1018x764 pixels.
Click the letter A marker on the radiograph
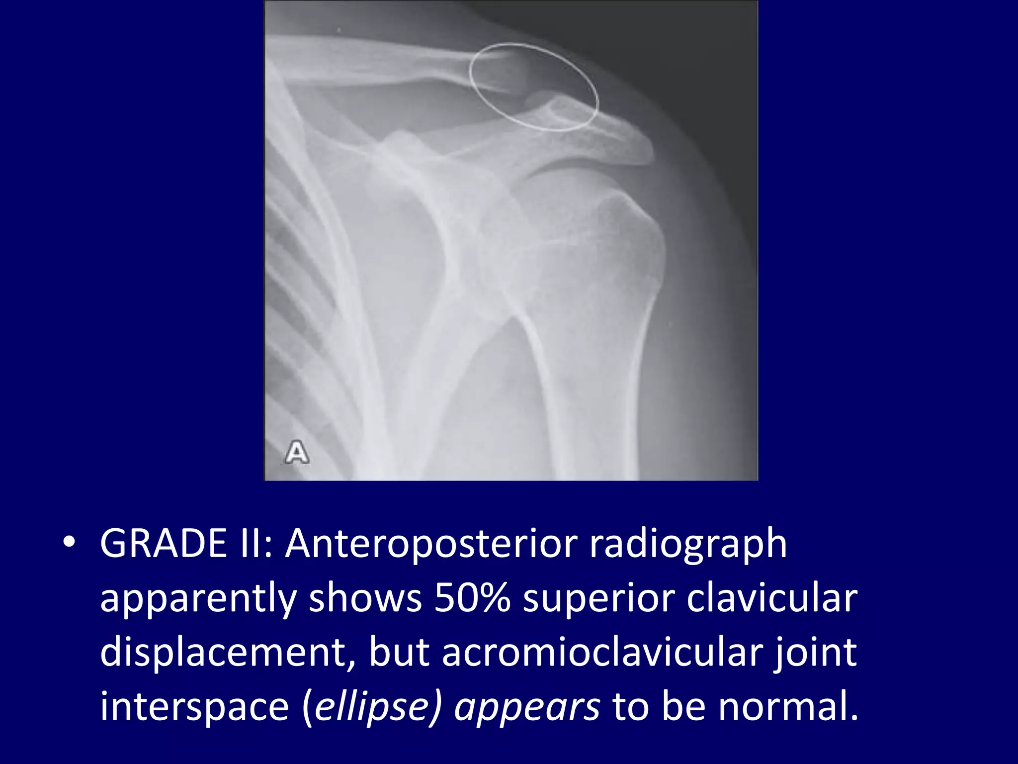[297, 452]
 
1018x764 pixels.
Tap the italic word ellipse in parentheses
[372, 707]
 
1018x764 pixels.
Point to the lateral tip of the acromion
[649, 149]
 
